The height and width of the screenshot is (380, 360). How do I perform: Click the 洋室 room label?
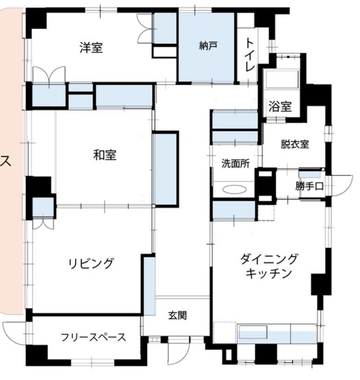(x=91, y=48)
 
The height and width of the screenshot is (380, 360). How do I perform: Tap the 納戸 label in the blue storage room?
(x=208, y=46)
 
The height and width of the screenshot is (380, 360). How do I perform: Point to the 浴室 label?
(x=279, y=107)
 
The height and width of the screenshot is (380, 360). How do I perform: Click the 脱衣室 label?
(x=294, y=144)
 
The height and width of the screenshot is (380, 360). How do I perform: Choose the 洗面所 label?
(x=234, y=164)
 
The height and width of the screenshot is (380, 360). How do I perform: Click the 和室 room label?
(x=105, y=155)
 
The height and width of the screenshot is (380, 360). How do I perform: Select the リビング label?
(x=90, y=263)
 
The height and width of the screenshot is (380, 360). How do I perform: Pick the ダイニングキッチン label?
(x=268, y=266)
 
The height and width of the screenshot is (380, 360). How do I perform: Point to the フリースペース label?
(x=92, y=337)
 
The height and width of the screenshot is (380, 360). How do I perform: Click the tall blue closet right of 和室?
(x=165, y=168)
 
